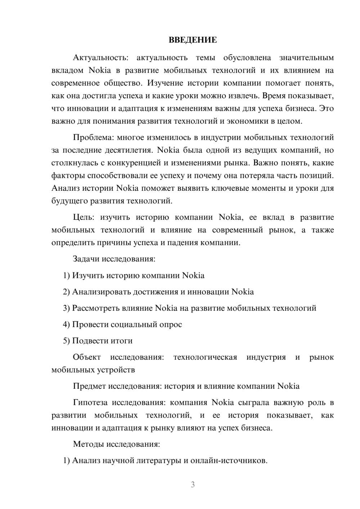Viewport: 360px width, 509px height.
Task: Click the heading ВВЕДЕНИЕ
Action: pos(193,40)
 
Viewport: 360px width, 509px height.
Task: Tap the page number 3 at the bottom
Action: pos(193,485)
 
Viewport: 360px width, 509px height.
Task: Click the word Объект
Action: pos(87,357)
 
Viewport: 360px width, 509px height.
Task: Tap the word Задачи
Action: pos(86,259)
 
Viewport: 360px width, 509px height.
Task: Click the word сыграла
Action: pos(252,403)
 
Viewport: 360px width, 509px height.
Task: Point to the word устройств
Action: pos(116,370)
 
